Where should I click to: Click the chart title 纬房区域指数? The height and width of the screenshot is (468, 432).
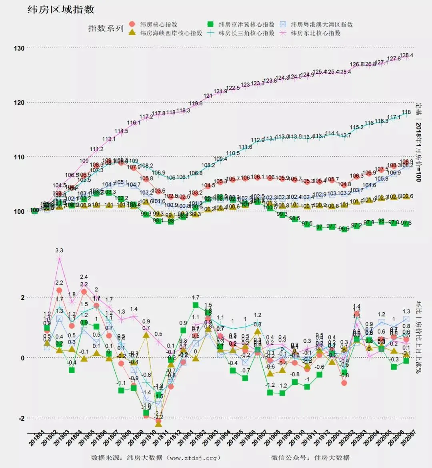tap(61, 10)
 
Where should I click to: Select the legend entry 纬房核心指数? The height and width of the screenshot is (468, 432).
tap(158, 24)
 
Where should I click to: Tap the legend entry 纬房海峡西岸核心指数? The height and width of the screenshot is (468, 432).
tap(171, 33)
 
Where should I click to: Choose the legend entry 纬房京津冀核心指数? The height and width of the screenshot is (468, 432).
tap(246, 24)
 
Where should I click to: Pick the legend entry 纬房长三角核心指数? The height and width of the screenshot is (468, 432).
tap(246, 33)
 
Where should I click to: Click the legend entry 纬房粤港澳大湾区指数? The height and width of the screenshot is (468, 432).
tap(322, 24)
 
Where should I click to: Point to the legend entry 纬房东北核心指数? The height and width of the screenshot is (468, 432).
tap(316, 33)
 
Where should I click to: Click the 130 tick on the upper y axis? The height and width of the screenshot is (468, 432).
tap(19, 48)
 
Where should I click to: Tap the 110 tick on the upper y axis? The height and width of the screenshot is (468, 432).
tap(19, 157)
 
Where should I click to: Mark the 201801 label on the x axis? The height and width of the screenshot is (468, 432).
tap(37, 439)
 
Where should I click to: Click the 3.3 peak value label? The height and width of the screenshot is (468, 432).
tap(59, 251)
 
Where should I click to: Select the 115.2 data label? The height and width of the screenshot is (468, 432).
tap(357, 127)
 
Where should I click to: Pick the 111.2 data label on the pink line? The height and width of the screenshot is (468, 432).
tap(96, 149)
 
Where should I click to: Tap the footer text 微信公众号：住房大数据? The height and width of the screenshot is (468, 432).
tap(310, 458)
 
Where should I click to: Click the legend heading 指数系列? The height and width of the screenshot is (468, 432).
tap(106, 28)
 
